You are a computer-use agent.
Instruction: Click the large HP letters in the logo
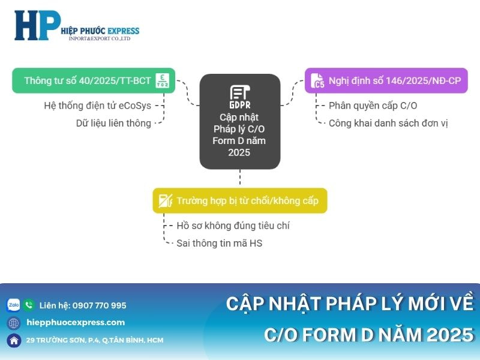pos(37,25)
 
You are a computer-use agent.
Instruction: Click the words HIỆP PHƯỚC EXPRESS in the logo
pos(100,31)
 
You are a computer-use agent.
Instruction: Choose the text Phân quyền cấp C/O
pos(373,106)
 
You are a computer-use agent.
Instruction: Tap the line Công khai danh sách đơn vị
pos(388,123)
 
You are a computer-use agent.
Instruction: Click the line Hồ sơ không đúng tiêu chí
pos(233,226)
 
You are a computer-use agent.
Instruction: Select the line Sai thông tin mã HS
pos(219,243)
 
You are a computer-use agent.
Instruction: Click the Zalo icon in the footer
pos(13,305)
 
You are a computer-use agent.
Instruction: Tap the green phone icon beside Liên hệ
pos(29,305)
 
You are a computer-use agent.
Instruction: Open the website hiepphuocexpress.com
pos(76,322)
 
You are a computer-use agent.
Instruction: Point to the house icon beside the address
pos(14,340)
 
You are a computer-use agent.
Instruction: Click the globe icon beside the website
pos(14,323)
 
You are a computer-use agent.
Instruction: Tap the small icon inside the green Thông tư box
pos(162,80)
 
